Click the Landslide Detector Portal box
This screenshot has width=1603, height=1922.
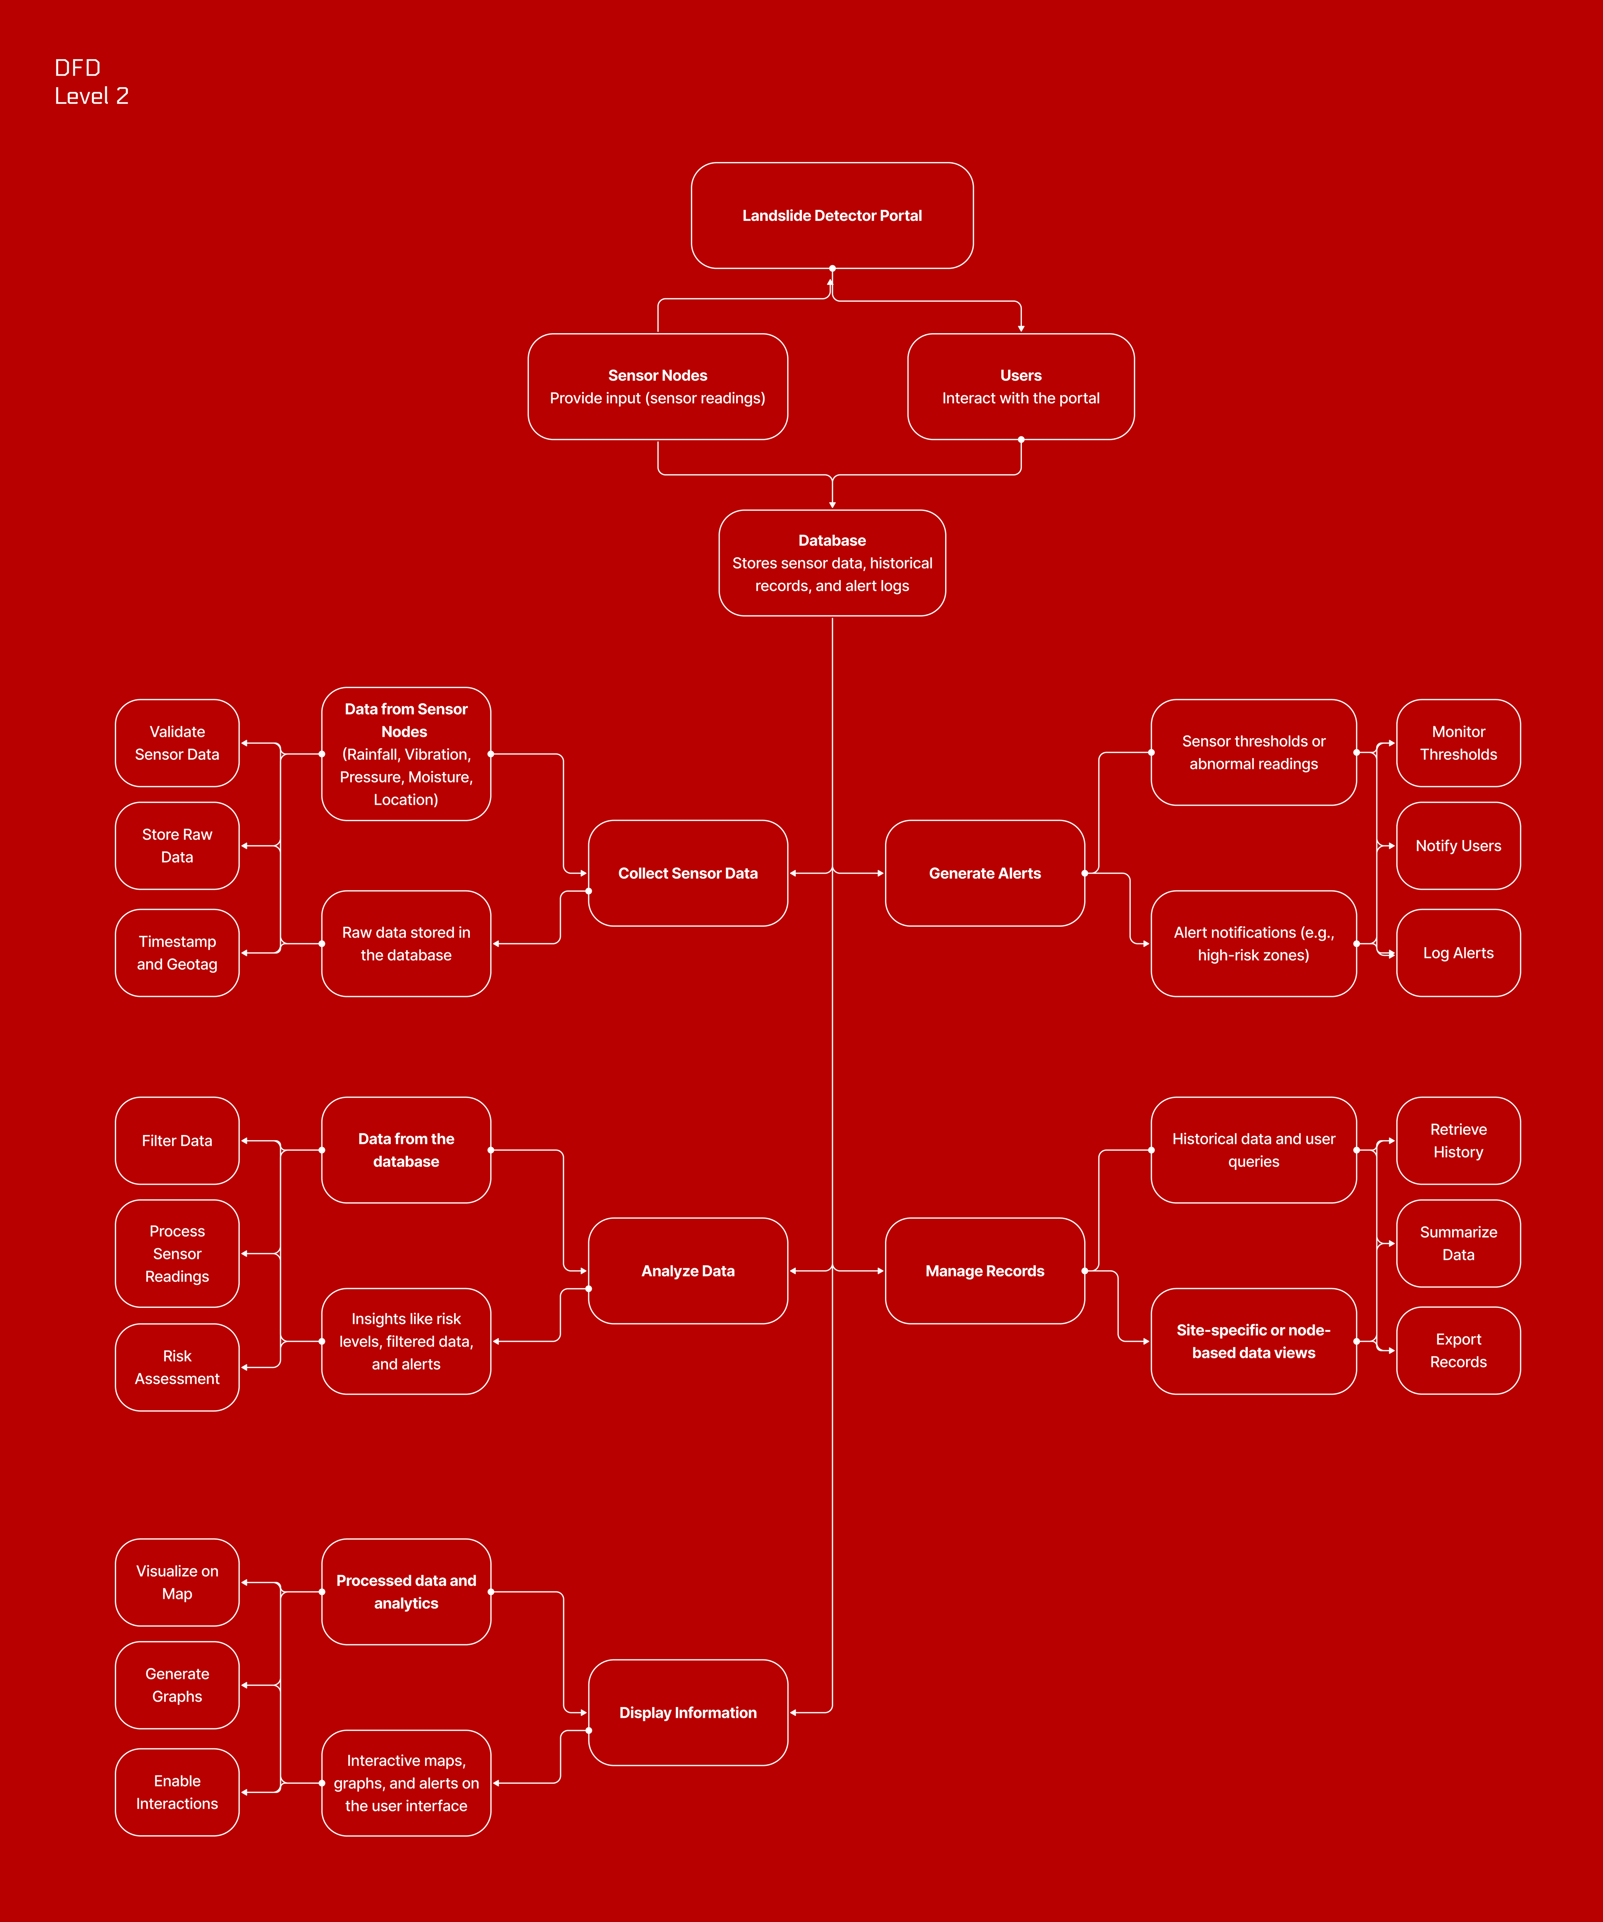click(832, 216)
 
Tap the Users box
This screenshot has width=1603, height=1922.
click(1020, 386)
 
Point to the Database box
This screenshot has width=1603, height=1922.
click(832, 563)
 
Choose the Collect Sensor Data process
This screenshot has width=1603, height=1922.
click(687, 873)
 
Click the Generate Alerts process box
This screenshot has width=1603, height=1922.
click(984, 873)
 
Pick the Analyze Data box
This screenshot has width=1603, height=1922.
click(687, 1270)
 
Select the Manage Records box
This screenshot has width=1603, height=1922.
click(984, 1270)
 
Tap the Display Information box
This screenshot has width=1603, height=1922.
click(687, 1712)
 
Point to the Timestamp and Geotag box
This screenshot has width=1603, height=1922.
click(177, 953)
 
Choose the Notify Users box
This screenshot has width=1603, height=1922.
click(1458, 846)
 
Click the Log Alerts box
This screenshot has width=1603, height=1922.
click(1458, 953)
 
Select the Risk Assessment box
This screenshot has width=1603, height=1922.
click(177, 1367)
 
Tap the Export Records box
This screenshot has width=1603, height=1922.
click(1458, 1350)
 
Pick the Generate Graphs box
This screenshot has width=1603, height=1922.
click(177, 1685)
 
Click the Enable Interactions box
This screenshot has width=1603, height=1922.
click(177, 1792)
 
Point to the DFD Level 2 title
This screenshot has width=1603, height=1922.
click(91, 81)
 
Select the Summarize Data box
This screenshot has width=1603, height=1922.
click(1458, 1243)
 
